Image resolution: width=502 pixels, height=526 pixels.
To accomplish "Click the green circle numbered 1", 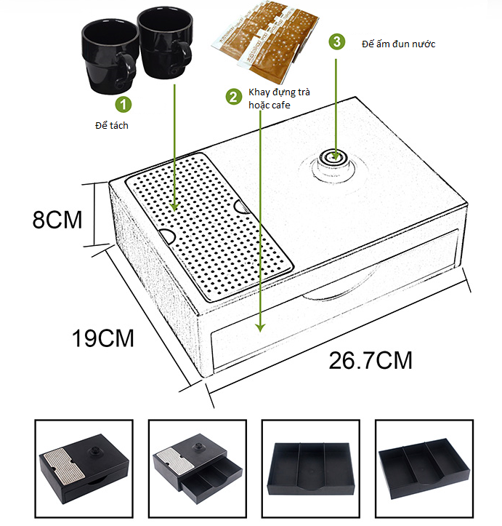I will pyautogui.click(x=124, y=105).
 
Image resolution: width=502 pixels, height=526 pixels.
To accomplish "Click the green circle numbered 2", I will pyautogui.click(x=234, y=96).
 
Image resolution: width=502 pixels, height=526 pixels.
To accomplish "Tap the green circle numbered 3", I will pyautogui.click(x=336, y=41).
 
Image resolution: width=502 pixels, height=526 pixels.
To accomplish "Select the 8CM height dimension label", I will pyautogui.click(x=57, y=219).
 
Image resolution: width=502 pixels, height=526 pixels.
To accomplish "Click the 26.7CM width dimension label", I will pyautogui.click(x=370, y=359).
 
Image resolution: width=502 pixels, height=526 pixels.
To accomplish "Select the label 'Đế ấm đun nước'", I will pyautogui.click(x=398, y=44).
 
